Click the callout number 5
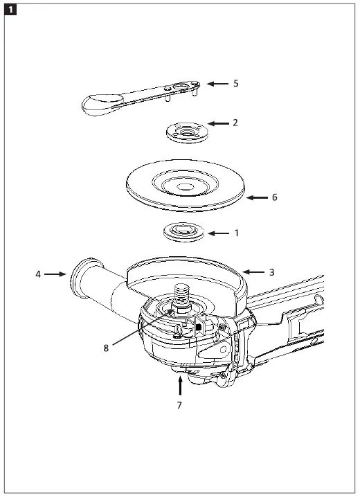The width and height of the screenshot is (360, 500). pos(236,83)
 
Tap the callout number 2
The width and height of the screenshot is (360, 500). pos(235,123)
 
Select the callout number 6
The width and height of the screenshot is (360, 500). pos(274,197)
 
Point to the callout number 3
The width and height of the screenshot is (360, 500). pos(271,272)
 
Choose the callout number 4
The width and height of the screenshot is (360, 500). pos(38,274)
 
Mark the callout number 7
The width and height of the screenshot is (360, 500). pos(179,405)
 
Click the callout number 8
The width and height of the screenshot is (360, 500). pos(106,348)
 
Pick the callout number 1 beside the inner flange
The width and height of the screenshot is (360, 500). pos(236,233)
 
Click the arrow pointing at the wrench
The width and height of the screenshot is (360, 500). pos(217,83)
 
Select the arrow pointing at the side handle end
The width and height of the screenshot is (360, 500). pos(55,274)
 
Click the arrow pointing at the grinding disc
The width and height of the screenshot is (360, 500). pos(256,197)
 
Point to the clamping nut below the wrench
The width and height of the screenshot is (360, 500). pos(185,130)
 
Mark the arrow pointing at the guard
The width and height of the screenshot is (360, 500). pos(253,272)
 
